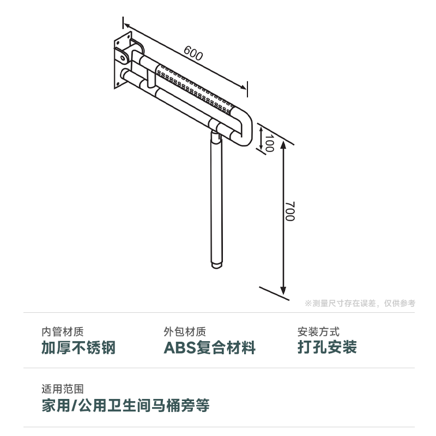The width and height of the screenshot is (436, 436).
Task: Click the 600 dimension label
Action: [x=193, y=54]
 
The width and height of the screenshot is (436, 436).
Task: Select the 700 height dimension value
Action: [x=289, y=211]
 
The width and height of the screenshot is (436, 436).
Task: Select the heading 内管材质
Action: [x=63, y=331]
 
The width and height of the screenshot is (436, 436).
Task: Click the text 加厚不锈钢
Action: [x=78, y=348]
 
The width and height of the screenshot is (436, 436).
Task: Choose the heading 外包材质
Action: [x=185, y=331]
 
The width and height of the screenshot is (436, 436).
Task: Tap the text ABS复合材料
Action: [x=210, y=348]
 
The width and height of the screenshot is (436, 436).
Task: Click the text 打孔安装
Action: [x=327, y=348]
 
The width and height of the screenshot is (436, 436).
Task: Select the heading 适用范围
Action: [x=63, y=389]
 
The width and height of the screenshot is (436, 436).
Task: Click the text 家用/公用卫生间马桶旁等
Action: [x=125, y=405]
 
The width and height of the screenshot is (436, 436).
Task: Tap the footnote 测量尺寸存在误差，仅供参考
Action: [x=360, y=304]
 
